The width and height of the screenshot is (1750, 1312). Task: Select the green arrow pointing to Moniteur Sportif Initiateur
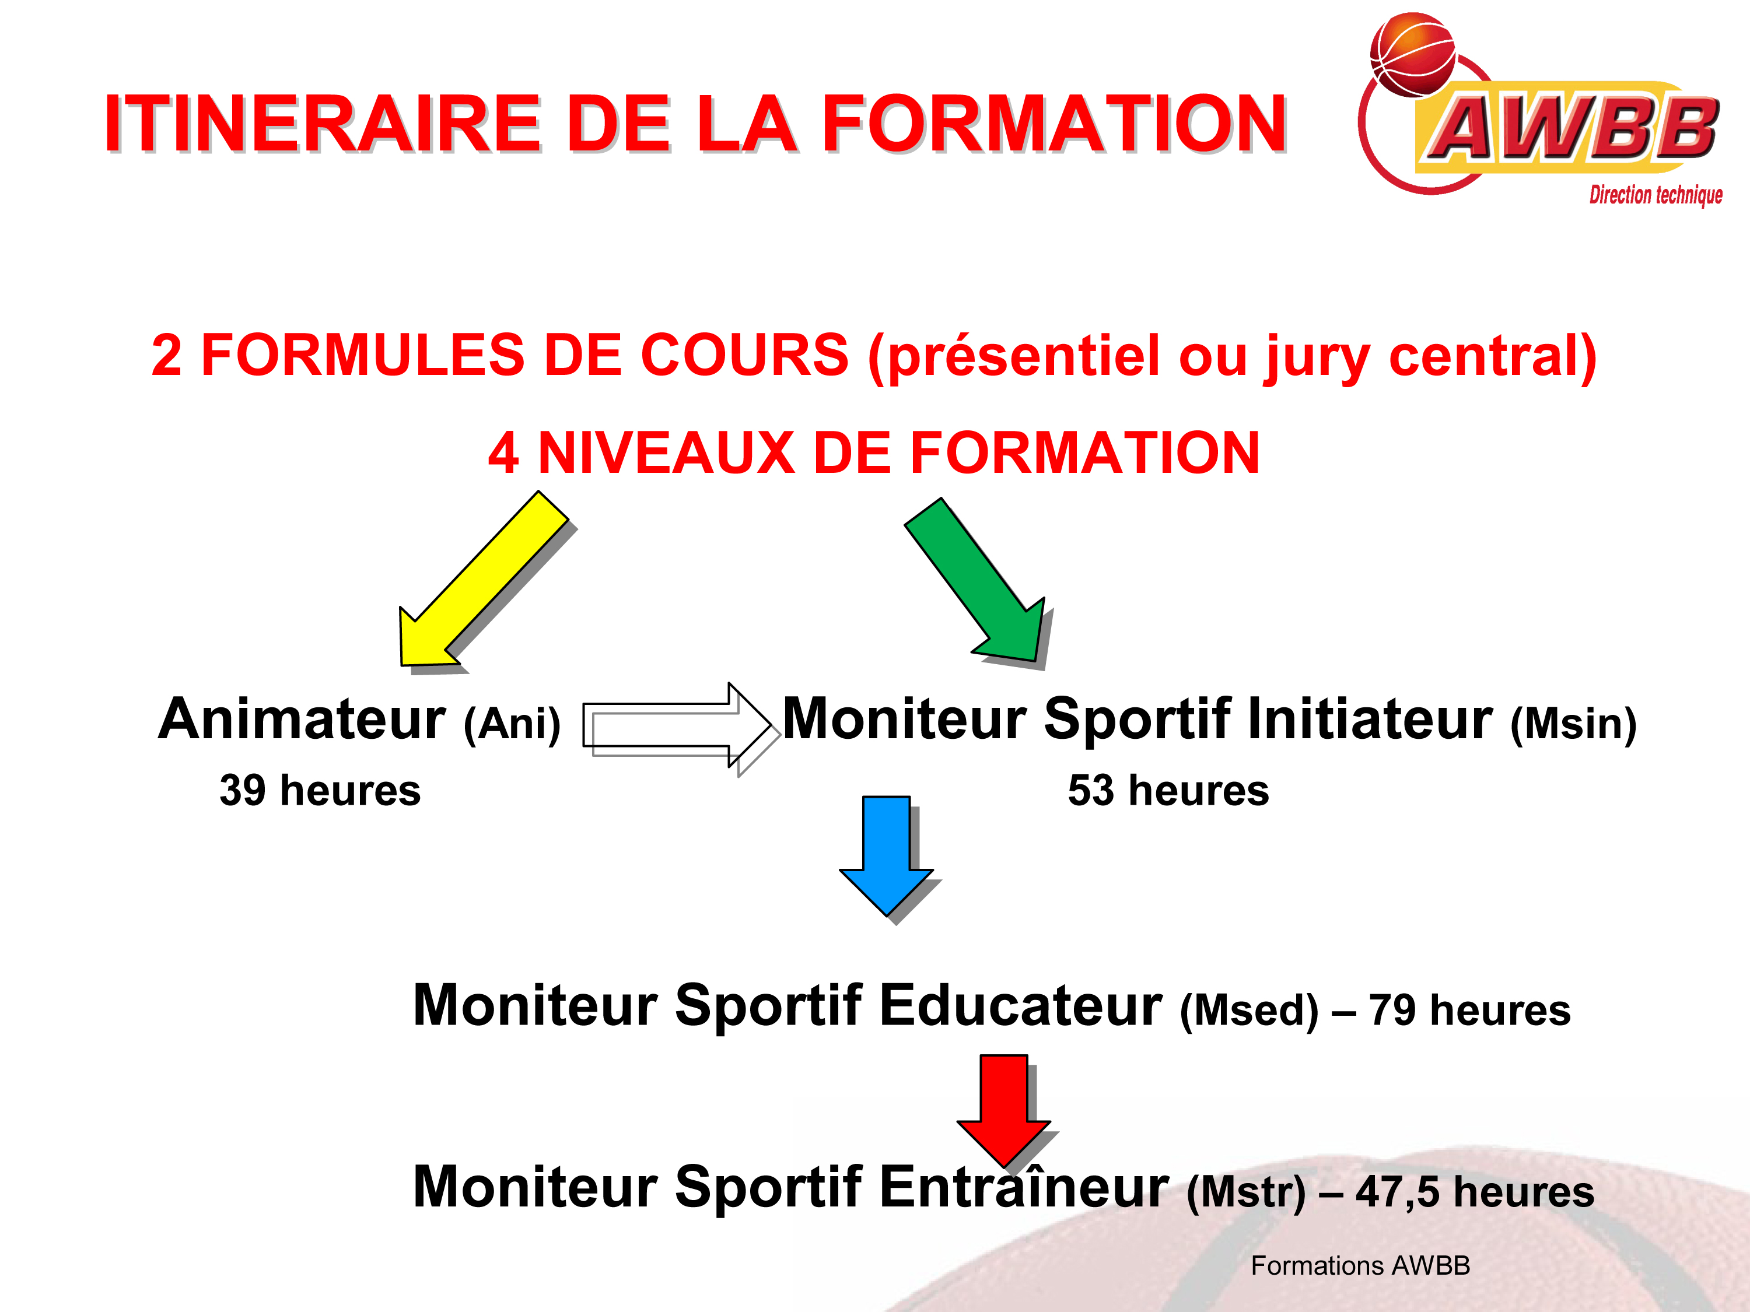[x=978, y=581]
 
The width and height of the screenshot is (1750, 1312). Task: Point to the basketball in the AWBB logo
[x=1413, y=54]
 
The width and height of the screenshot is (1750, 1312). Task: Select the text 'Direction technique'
[x=1656, y=195]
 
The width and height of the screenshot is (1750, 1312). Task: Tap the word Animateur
[x=303, y=719]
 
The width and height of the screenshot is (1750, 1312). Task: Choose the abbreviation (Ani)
[x=512, y=724]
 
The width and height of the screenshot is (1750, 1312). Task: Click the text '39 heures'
[x=320, y=791]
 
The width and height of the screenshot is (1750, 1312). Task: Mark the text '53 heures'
[x=1168, y=791]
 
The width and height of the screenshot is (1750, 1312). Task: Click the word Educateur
[x=1021, y=1005]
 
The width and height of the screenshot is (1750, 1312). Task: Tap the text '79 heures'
[x=1470, y=1011]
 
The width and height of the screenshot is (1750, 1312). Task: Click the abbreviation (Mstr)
[x=1246, y=1192]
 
